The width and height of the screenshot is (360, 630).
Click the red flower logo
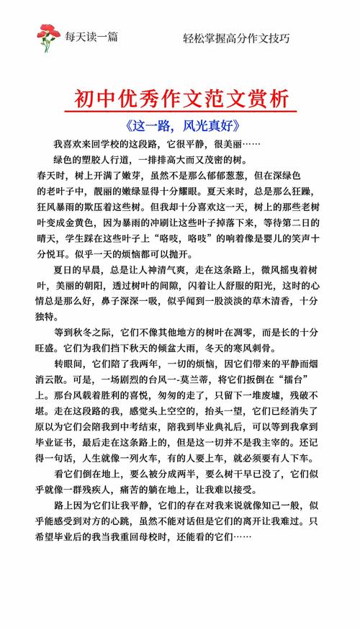coord(48,37)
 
